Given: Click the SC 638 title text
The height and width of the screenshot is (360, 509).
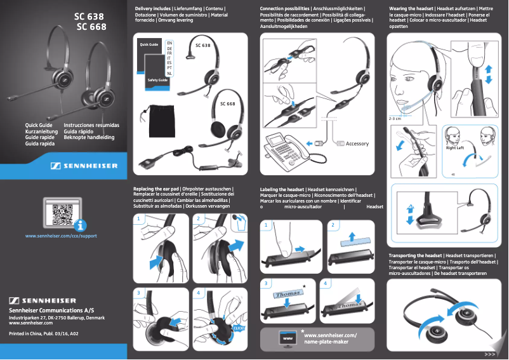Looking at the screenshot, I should click(x=89, y=16).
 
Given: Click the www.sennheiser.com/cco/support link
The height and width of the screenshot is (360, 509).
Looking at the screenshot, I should click(x=61, y=236).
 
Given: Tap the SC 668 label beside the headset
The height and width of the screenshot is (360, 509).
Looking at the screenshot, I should click(x=227, y=103).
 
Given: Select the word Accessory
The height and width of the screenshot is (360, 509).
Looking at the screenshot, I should click(x=357, y=143).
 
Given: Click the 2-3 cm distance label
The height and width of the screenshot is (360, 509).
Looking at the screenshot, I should click(x=395, y=119).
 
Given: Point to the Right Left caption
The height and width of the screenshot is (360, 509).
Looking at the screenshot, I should click(x=455, y=148).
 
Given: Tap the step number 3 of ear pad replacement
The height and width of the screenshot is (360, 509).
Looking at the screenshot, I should click(x=139, y=293).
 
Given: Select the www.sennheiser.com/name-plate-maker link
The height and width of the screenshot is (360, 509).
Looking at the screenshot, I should click(x=331, y=338).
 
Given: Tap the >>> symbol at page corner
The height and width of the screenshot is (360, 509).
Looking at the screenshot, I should click(x=489, y=354).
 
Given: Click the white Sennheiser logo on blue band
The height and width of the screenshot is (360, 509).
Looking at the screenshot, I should click(x=84, y=166).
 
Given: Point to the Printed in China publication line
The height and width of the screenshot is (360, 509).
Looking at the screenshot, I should click(x=44, y=333).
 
